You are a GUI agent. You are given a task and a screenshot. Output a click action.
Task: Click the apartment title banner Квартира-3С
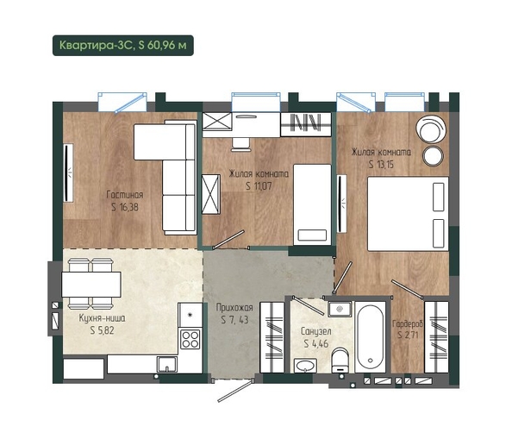pos(123,46)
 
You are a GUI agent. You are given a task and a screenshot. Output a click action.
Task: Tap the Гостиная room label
pos(125,195)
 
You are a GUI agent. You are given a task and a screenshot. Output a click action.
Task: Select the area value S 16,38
pos(125,207)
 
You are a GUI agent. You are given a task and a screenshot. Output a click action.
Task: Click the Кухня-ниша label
pos(102,317)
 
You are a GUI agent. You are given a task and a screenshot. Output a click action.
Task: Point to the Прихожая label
pos(234,308)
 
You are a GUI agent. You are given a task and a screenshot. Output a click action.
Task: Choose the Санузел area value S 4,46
pos(315,343)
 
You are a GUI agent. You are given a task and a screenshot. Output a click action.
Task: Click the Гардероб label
pos(407,323)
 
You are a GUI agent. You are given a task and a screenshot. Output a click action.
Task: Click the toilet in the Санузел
pos(340,361)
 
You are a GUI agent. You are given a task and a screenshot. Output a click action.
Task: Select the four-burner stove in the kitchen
pos(190,339)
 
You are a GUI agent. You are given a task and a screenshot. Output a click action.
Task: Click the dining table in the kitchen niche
pos(91,284)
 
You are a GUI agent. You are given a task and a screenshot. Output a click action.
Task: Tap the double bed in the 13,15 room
pos(409,214)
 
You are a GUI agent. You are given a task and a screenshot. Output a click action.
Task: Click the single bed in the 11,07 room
pos(312,204)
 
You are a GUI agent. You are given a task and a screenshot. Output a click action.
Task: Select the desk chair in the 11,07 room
pos(241,144)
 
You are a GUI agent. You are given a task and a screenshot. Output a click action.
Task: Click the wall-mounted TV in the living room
pos(67,172)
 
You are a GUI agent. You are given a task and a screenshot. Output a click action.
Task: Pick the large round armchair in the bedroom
pos(431,129)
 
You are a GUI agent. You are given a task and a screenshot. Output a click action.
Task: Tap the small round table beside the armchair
pos(433,155)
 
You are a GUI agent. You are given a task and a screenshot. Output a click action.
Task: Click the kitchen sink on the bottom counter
pos(167,364)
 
